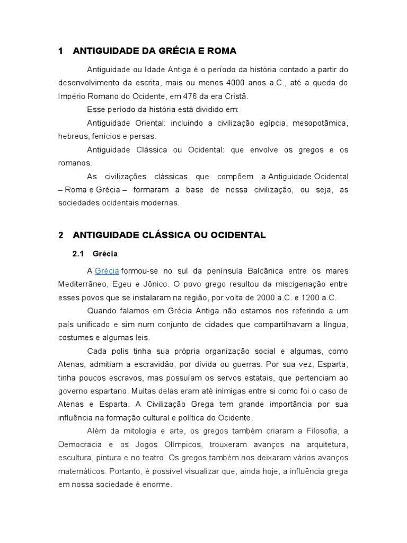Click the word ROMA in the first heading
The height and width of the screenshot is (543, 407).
click(x=223, y=51)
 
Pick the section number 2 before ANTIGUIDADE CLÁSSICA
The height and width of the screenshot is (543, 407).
click(x=61, y=234)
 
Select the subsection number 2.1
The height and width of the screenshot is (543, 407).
click(x=78, y=253)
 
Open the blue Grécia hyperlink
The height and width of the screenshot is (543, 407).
click(x=107, y=270)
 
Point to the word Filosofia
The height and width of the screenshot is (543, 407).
click(x=316, y=431)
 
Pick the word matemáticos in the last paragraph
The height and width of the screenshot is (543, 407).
click(x=79, y=470)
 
